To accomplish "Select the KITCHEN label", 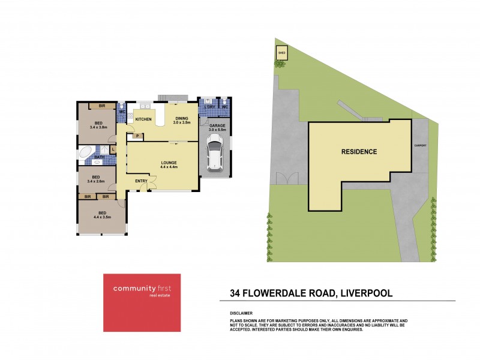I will click(143, 120).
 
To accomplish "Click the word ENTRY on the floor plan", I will click(141, 181).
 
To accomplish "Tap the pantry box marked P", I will click(137, 136).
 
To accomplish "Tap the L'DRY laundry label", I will click(209, 107).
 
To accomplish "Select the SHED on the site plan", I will click(281, 53).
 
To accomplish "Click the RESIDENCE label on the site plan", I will click(359, 152).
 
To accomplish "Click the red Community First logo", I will click(142, 302).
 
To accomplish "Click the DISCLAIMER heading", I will click(242, 313).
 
